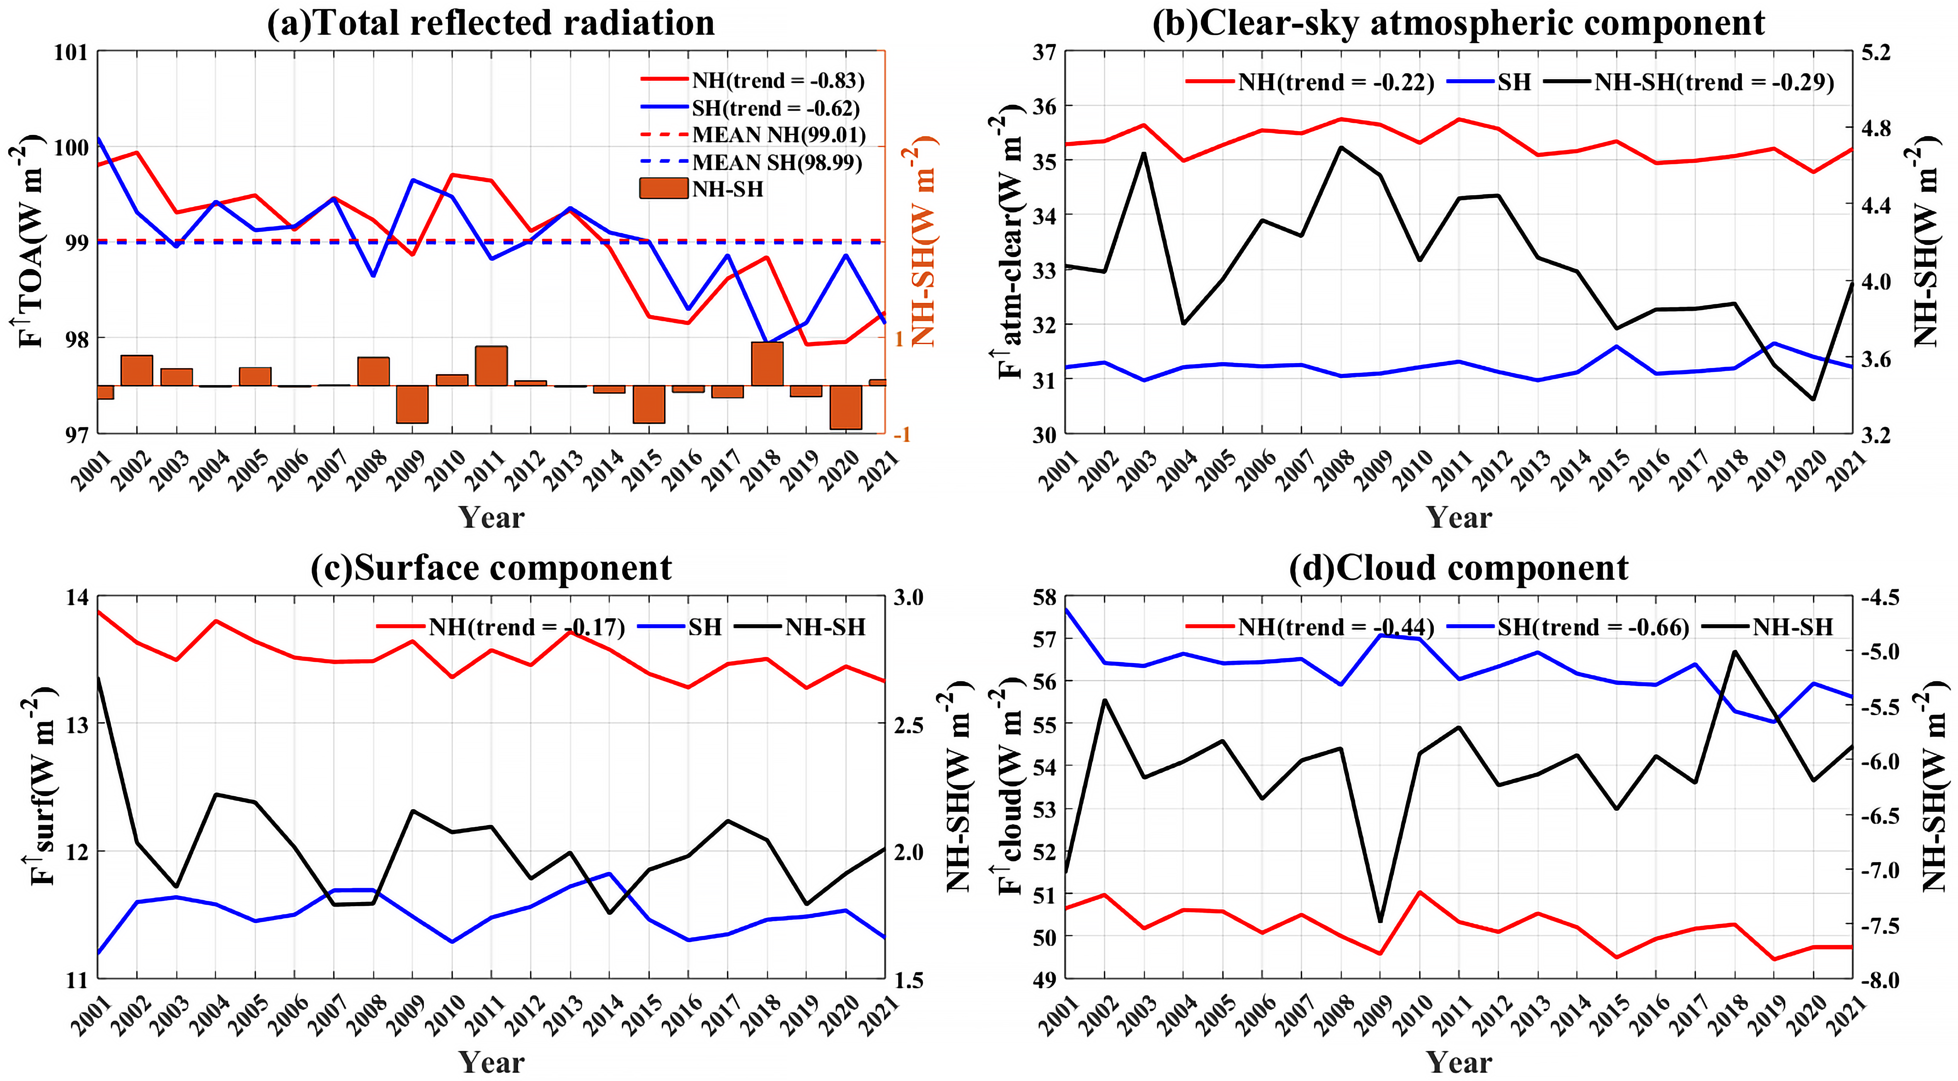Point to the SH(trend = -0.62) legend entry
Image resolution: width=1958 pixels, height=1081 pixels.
775,108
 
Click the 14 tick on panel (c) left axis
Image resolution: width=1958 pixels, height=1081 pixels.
76,597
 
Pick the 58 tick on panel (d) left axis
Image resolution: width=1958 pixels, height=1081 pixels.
1043,597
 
